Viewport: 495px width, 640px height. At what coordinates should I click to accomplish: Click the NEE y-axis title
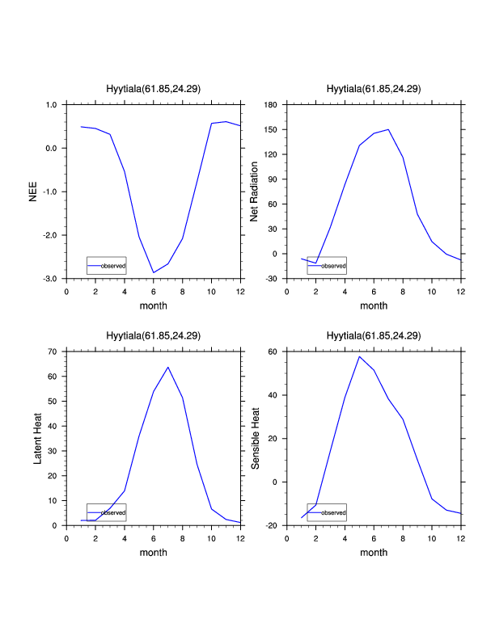click(x=33, y=192)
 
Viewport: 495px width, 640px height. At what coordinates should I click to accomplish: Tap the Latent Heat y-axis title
click(x=37, y=438)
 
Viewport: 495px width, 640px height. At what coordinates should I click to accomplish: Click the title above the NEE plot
click(x=154, y=89)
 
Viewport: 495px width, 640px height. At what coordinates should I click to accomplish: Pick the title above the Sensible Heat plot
click(x=374, y=335)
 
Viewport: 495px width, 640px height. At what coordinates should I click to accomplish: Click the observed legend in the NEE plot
click(x=106, y=265)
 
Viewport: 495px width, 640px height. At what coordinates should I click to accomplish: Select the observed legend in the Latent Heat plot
click(x=106, y=512)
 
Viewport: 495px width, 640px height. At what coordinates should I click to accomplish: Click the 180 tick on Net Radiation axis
click(x=270, y=105)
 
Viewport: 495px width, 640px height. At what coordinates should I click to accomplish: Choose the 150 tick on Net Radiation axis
click(x=270, y=130)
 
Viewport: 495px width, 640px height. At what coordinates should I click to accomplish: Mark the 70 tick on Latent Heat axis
click(x=54, y=352)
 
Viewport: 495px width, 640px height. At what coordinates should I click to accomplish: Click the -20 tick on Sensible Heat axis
click(x=271, y=525)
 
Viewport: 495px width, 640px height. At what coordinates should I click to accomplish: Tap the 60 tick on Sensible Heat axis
click(x=273, y=352)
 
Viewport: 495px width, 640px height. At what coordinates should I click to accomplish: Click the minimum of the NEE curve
click(x=154, y=272)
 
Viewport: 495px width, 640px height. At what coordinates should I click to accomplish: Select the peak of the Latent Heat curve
click(x=168, y=368)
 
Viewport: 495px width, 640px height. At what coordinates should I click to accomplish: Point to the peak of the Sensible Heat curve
click(x=359, y=356)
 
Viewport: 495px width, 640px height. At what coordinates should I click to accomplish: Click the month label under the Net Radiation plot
click(x=374, y=305)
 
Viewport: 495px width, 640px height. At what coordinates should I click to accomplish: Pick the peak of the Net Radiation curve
click(x=388, y=129)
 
